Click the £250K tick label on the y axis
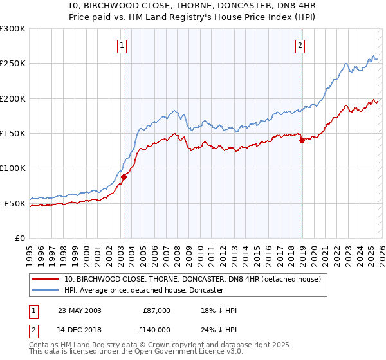pos(13,64)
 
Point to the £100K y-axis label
pos(13,168)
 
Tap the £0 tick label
pos(21,238)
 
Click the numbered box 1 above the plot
pos(122,45)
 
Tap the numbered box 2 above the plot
pos(300,45)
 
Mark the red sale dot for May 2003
pos(124,177)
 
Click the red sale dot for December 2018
pos(302,141)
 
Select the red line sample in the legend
pos(46,280)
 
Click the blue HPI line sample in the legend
pos(46,291)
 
